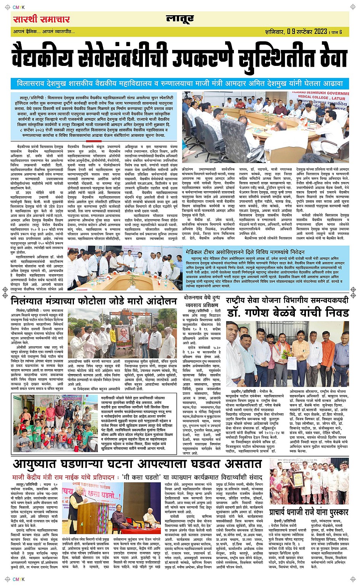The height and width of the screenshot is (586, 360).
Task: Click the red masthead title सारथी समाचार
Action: tap(41, 19)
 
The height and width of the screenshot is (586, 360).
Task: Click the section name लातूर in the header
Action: tap(180, 19)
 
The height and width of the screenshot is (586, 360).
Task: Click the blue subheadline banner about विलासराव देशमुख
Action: tap(180, 83)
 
